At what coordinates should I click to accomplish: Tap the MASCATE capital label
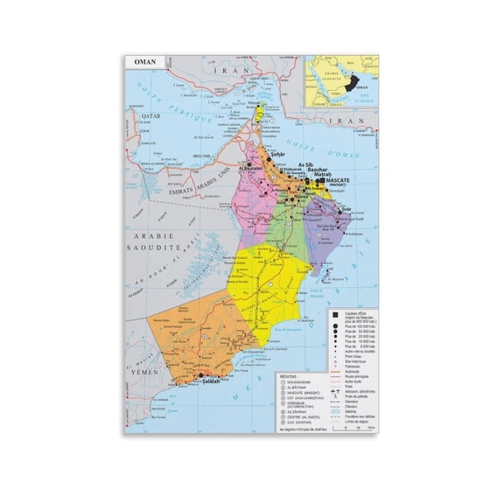tap(345, 179)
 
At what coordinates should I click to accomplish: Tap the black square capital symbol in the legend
tap(335, 314)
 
